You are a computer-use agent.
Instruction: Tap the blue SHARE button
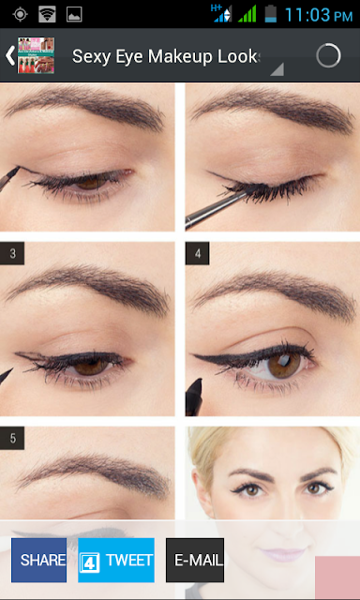point(38,560)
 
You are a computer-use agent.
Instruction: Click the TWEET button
point(116,560)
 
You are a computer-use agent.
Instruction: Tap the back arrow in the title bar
point(9,56)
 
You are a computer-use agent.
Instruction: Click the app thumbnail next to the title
point(36,55)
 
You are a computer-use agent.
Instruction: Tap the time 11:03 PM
point(319,15)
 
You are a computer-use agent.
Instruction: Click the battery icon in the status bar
point(271,14)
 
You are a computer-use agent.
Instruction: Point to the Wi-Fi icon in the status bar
point(47,14)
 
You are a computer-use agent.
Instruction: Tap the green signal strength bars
point(247,15)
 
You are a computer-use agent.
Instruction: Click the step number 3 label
point(12,253)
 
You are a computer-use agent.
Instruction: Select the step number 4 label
point(198,253)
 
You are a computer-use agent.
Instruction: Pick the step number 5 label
point(12,438)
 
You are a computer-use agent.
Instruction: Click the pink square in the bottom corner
point(337,577)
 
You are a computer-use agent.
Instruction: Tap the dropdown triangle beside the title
point(277,69)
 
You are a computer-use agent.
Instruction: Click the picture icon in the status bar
point(74,15)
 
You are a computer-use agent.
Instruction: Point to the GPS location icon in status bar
point(19,15)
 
